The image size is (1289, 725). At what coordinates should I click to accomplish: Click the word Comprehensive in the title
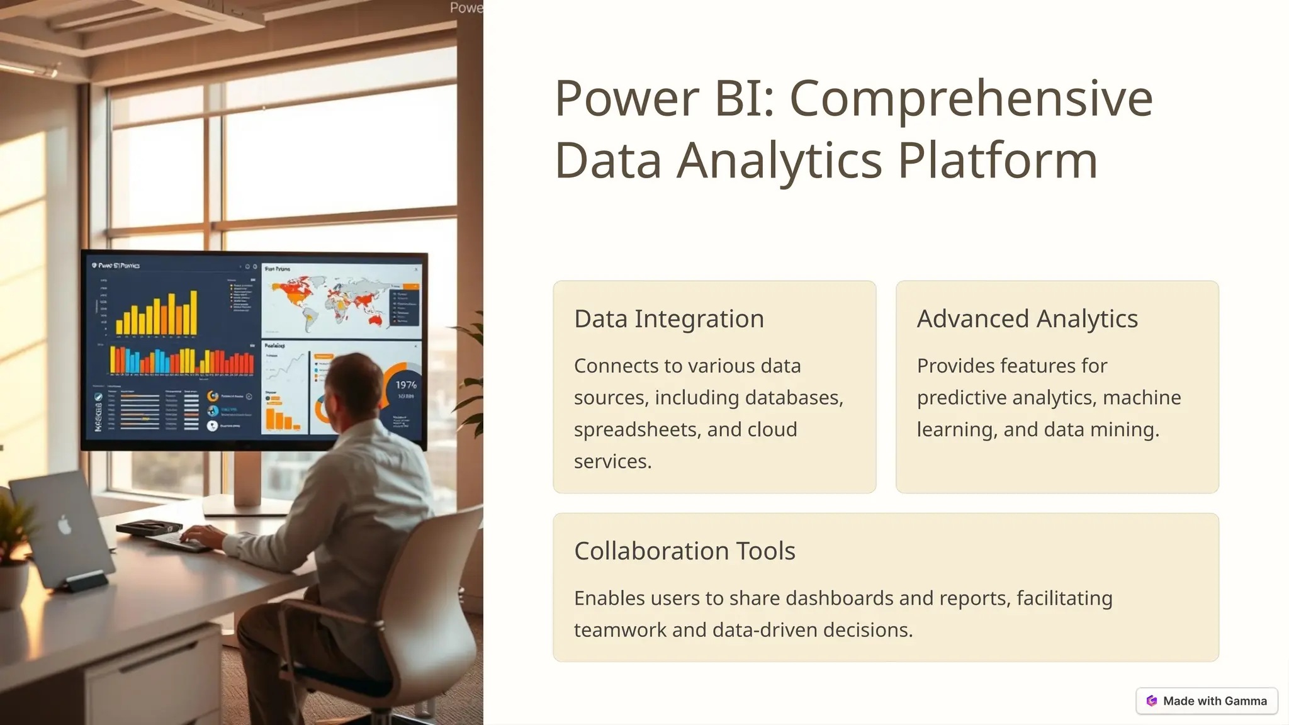[971, 99]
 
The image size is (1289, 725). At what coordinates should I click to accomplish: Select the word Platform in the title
[998, 160]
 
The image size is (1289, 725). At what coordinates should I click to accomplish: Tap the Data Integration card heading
[668, 319]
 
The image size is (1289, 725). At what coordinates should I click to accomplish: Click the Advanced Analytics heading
[1027, 319]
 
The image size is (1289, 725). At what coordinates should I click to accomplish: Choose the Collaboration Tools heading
[684, 551]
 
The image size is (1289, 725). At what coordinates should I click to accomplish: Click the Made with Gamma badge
[1206, 701]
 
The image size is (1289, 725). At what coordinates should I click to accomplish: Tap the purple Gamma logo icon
[1152, 701]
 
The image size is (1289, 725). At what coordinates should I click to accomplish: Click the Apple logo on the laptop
[65, 524]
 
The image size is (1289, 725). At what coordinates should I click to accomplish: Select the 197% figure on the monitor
[405, 385]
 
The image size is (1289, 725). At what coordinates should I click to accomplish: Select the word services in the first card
[612, 462]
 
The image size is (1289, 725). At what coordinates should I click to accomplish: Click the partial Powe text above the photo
[466, 8]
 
